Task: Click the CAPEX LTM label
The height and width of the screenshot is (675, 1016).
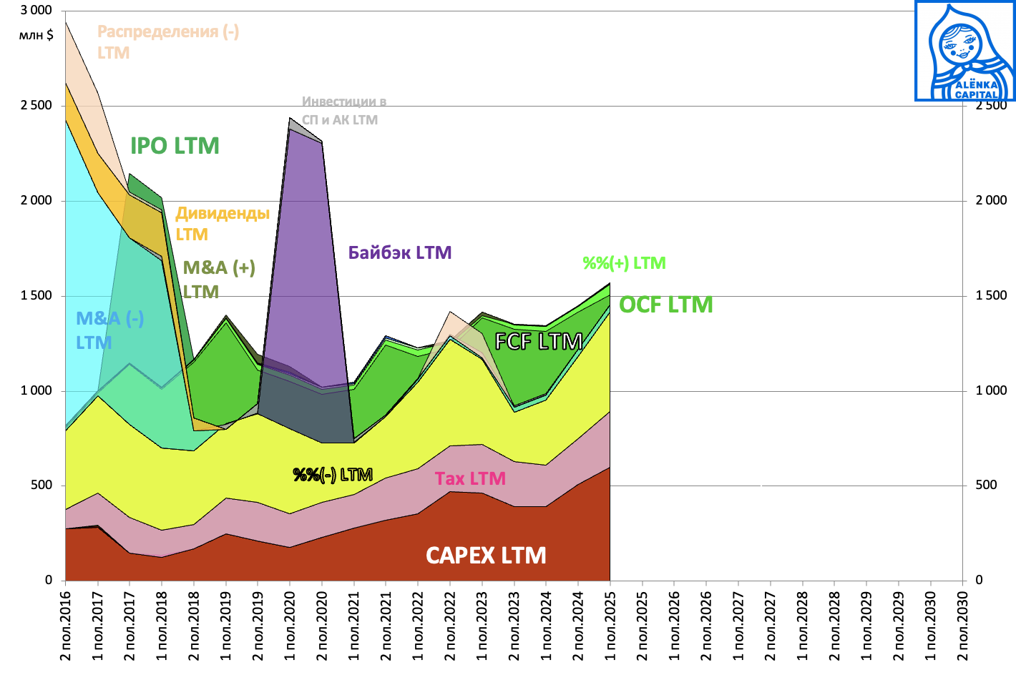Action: [x=486, y=556]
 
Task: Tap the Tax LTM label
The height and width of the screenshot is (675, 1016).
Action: [x=470, y=478]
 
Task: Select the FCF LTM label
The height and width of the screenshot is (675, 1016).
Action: [x=538, y=342]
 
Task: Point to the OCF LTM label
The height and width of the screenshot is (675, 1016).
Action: [x=665, y=305]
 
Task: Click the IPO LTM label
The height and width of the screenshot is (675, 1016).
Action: [x=175, y=146]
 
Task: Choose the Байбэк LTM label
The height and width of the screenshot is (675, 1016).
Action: [x=399, y=252]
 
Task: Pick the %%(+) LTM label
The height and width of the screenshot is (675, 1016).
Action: [x=624, y=263]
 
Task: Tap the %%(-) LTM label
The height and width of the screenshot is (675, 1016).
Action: [x=333, y=475]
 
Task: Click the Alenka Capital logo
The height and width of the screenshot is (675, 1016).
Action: [x=964, y=51]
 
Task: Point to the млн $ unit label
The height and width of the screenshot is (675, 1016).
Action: [x=36, y=34]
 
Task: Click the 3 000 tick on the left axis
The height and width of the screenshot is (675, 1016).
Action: [x=36, y=11]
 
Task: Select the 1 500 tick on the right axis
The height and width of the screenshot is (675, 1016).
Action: [x=991, y=295]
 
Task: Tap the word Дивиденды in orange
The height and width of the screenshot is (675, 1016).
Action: [x=223, y=213]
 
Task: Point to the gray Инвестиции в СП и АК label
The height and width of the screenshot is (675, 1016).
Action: [x=343, y=111]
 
